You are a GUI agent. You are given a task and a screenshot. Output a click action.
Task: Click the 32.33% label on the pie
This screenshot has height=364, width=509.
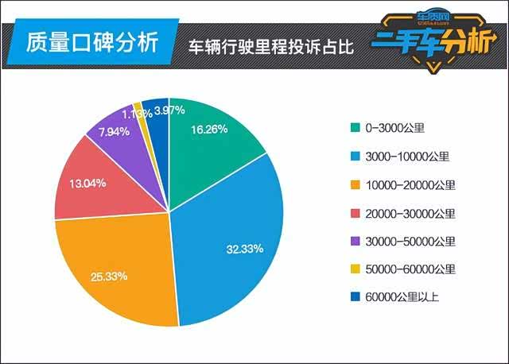click(244, 249)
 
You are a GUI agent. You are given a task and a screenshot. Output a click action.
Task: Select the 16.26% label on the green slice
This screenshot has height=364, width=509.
click(211, 129)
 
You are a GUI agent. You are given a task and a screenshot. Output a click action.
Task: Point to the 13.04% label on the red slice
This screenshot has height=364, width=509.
click(87, 182)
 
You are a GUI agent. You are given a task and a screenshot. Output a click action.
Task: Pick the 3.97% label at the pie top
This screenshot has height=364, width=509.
click(170, 110)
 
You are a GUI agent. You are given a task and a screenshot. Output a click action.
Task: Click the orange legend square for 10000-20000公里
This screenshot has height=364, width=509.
click(354, 185)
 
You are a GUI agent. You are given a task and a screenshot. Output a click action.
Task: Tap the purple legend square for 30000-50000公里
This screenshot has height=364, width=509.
click(354, 242)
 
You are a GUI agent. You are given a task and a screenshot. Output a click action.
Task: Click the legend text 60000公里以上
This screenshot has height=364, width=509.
click(402, 298)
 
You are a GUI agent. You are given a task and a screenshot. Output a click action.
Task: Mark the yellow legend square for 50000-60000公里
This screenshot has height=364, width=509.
click(354, 269)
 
